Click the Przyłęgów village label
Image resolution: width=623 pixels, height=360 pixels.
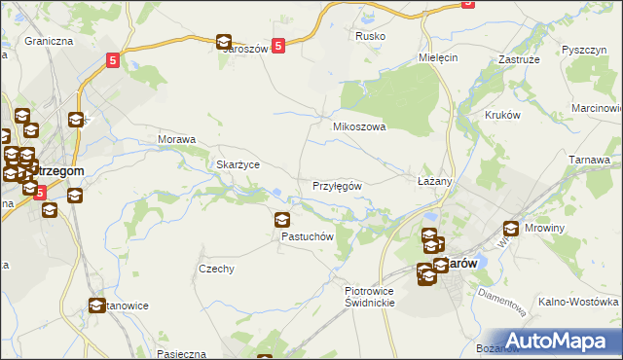coord(338,186)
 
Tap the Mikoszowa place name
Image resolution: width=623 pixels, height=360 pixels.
coord(360,126)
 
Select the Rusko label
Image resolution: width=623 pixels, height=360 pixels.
coord(371,36)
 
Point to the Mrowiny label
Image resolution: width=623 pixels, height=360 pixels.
coord(551,232)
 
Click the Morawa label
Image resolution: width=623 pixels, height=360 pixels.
coord(177,139)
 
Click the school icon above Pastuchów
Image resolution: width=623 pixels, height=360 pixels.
coord(282,220)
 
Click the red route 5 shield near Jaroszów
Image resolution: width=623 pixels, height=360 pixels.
coord(278,45)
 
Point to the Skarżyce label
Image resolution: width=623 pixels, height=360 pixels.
coord(238,164)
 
